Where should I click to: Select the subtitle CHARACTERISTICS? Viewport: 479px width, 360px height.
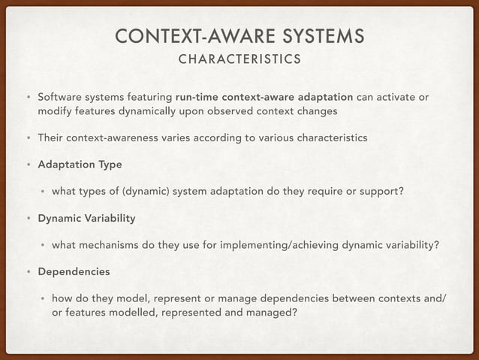[x=239, y=59]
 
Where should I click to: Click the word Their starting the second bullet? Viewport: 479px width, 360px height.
[x=51, y=138]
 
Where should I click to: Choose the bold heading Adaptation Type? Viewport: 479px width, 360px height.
[x=80, y=164]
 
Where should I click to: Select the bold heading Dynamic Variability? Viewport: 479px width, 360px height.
[x=86, y=218]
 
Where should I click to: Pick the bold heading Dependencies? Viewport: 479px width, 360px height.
[x=74, y=271]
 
